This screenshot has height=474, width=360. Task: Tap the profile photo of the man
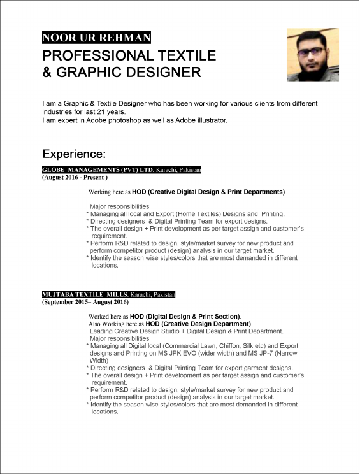tap(312, 54)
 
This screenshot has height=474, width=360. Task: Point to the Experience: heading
tap(74, 154)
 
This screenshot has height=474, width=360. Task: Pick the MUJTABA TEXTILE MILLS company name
tap(85, 295)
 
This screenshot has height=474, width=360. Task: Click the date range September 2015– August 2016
tap(85, 303)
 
